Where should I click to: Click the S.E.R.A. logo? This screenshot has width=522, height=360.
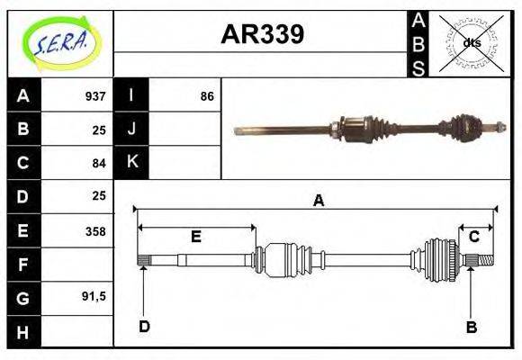(x=60, y=43)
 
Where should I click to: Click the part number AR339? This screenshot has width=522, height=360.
(x=262, y=34)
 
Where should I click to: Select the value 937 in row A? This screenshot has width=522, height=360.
(x=94, y=96)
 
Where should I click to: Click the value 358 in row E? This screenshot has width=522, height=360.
(x=94, y=230)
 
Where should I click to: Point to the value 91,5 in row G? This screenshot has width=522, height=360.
(x=93, y=296)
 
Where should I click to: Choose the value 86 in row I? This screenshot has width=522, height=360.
(x=207, y=96)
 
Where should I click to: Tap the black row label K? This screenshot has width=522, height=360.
(x=131, y=163)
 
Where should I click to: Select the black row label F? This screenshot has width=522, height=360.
(x=23, y=264)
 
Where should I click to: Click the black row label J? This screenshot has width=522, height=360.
(x=131, y=130)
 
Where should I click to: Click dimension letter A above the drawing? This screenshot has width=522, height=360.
(x=318, y=201)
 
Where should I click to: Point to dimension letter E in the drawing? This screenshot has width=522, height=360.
(x=195, y=237)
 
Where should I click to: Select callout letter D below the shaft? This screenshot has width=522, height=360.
(x=144, y=326)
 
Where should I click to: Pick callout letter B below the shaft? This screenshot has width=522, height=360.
(x=471, y=326)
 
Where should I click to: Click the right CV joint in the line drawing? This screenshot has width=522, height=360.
(x=442, y=259)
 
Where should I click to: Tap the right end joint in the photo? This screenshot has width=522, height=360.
(x=468, y=129)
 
